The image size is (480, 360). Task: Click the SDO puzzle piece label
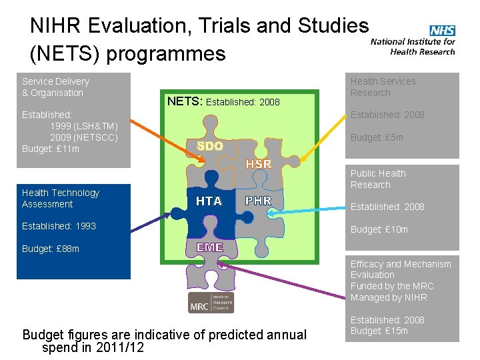[x=209, y=146]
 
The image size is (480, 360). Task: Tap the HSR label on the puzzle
[x=259, y=164]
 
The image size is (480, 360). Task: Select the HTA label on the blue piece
[x=209, y=201]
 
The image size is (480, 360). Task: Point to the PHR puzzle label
[x=259, y=200]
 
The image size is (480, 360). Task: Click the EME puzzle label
[x=209, y=247]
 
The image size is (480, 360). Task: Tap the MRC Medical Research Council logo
[x=211, y=302]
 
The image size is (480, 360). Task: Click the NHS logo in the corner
[x=442, y=31]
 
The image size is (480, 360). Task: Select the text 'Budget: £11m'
[x=51, y=149]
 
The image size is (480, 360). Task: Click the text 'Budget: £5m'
[x=377, y=137]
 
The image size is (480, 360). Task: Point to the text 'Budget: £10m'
[x=379, y=229]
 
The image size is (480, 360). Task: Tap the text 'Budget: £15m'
[x=379, y=331]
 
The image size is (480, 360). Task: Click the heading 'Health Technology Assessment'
[x=61, y=198]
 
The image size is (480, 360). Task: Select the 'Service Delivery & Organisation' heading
[x=55, y=87]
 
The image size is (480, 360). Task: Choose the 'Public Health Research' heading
[x=378, y=179]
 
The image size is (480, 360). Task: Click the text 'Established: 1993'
[x=59, y=226]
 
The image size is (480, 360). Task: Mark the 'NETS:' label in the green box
[x=185, y=101]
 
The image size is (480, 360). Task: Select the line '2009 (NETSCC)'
[x=84, y=137]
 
